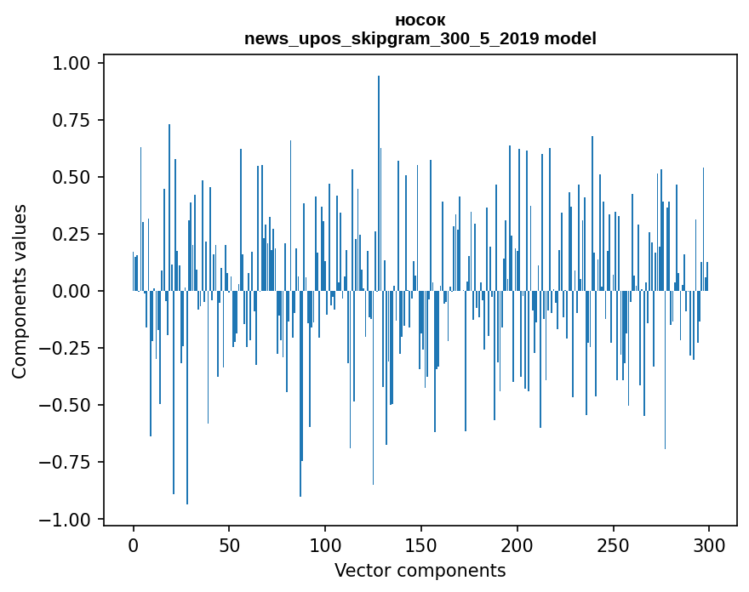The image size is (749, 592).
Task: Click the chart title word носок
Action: [x=420, y=20]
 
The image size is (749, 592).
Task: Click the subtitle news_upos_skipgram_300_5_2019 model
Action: [x=420, y=38]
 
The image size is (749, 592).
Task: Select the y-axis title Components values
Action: [x=20, y=291]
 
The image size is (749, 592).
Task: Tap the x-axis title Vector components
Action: [x=420, y=571]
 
